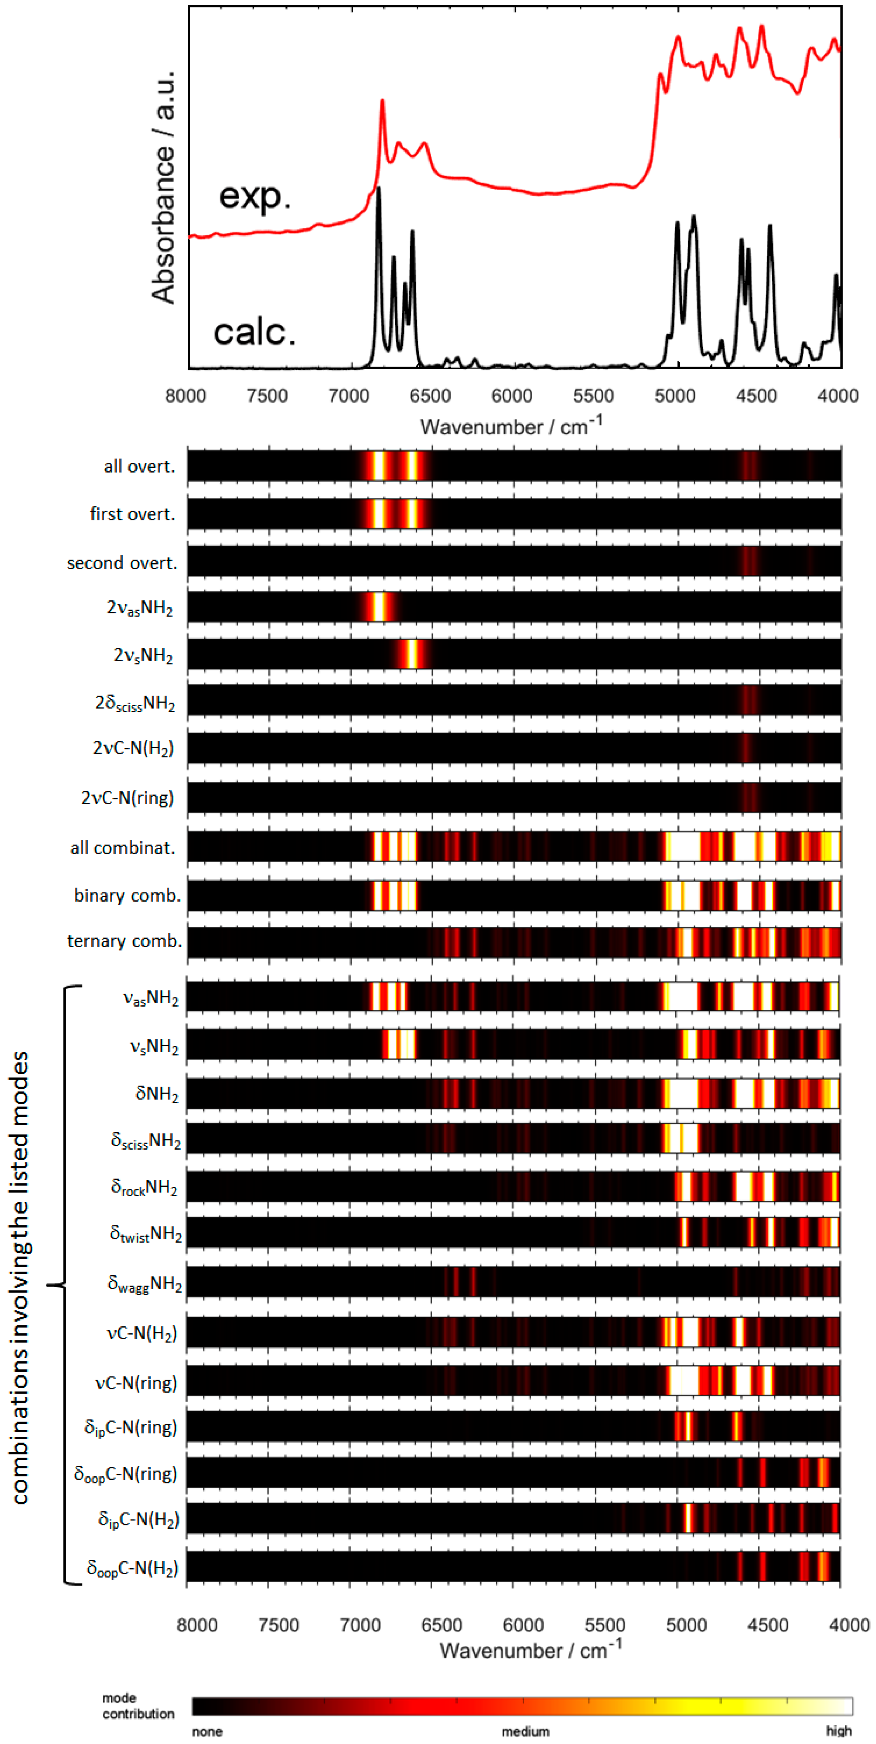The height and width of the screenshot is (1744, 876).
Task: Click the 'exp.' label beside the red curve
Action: click(255, 196)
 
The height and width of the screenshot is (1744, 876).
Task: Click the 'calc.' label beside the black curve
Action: click(255, 332)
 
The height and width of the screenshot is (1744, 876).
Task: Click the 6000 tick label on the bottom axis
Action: click(523, 1625)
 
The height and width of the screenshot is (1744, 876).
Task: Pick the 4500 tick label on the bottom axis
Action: click(768, 1625)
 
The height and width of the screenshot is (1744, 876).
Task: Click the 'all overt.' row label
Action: click(140, 467)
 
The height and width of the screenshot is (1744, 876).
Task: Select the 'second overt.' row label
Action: click(122, 563)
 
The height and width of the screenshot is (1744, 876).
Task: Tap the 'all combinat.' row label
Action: click(122, 848)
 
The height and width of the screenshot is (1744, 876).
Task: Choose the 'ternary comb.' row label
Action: click(125, 941)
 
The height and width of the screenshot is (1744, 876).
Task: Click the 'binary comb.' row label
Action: click(127, 896)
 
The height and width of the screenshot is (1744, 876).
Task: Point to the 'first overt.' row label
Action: click(133, 514)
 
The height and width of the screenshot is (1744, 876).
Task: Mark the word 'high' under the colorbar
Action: click(838, 1730)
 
